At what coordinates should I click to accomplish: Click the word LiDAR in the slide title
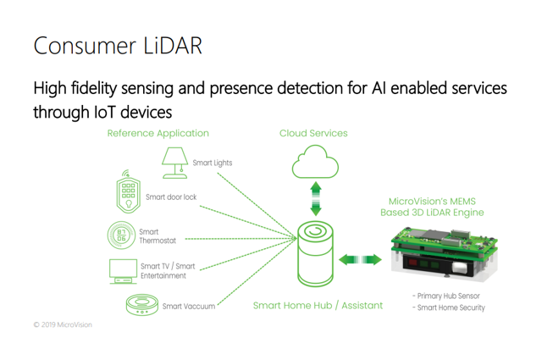tap(173, 46)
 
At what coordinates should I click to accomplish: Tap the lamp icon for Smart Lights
tap(175, 163)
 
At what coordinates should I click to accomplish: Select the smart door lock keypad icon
tap(128, 191)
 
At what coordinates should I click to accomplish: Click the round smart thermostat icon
tap(121, 235)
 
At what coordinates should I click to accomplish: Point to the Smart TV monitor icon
tap(123, 271)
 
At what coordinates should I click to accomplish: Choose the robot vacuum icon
tap(142, 305)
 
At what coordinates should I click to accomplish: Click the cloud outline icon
tap(315, 162)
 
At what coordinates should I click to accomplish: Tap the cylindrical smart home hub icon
tap(315, 254)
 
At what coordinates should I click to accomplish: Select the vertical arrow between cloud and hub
tap(316, 199)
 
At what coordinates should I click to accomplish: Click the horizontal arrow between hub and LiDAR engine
tap(360, 259)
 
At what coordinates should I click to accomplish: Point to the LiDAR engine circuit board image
tap(445, 252)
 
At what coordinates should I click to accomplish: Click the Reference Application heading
tap(158, 134)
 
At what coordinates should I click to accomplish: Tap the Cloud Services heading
tap(313, 133)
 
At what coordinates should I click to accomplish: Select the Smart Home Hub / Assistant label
tap(318, 306)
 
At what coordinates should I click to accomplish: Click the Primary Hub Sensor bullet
tap(446, 296)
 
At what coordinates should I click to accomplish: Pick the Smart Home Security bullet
tap(449, 307)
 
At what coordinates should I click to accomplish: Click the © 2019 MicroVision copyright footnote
tap(63, 324)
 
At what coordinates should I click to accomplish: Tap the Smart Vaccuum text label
tap(189, 306)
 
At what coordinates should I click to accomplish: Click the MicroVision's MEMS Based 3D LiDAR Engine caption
tap(432, 207)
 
